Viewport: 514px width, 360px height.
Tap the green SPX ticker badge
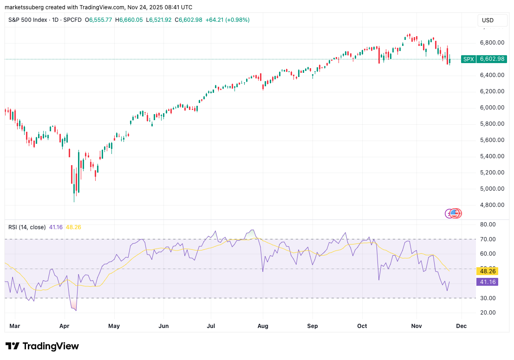[468, 59]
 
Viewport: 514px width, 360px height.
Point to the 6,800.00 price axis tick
[492, 43]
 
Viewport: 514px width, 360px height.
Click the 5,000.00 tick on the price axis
[492, 189]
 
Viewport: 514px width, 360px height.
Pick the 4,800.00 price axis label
[492, 205]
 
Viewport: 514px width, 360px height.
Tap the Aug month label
[263, 326]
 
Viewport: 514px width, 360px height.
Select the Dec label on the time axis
[461, 326]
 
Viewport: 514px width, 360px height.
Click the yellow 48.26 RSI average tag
[487, 271]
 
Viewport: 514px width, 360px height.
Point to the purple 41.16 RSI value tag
[487, 282]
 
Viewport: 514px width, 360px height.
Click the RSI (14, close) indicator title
[27, 227]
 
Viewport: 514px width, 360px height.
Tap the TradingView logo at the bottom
[42, 346]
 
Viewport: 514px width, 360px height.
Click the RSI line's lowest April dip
[76, 310]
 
